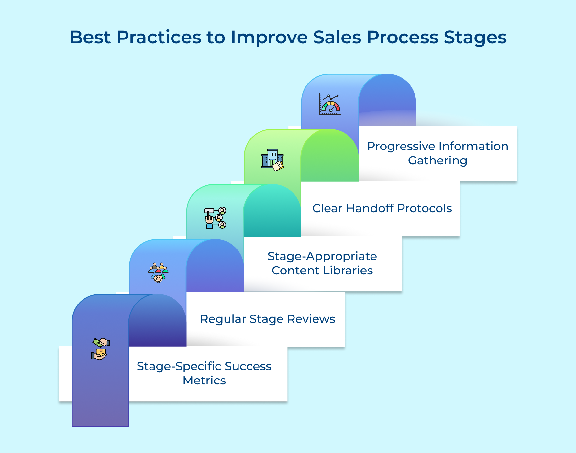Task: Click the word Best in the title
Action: click(90, 37)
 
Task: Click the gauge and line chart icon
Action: click(330, 104)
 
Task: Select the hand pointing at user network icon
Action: click(215, 218)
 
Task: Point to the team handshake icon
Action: click(158, 273)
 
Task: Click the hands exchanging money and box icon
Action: click(100, 349)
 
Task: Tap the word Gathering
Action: click(438, 160)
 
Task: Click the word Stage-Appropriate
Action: click(322, 256)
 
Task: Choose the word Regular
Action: click(223, 319)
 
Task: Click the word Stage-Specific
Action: click(179, 366)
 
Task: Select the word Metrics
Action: click(204, 381)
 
